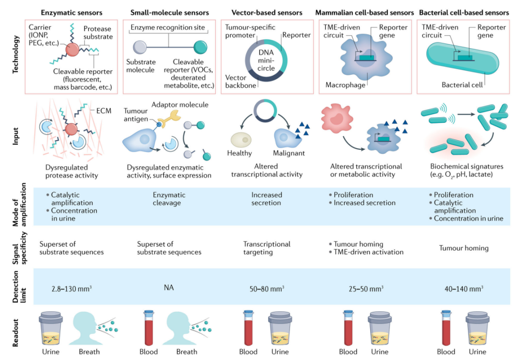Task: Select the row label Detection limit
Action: [x=16, y=287]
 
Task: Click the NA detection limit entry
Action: [x=169, y=288]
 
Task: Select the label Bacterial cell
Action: [x=462, y=85]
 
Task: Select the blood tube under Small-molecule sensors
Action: [x=149, y=329]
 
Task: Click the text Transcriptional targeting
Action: [x=267, y=248]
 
